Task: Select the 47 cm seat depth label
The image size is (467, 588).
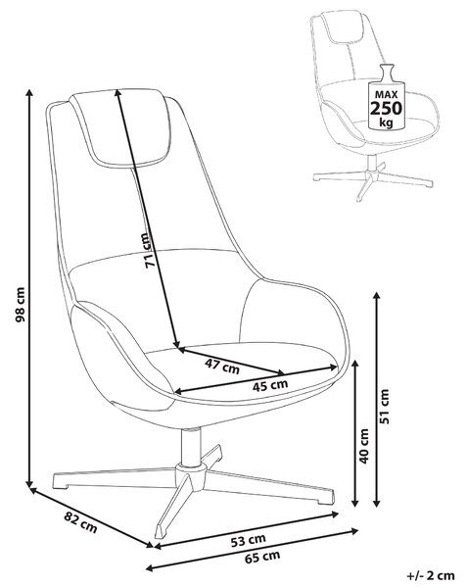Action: point(222,366)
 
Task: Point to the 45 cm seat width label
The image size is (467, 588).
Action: point(270,385)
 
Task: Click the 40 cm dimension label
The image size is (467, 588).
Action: point(363,446)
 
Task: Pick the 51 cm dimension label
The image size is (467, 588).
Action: point(384,407)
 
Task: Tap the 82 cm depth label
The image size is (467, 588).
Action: point(80,522)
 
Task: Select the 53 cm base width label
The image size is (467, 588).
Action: point(249,540)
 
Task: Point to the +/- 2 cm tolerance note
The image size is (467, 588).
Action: point(431,575)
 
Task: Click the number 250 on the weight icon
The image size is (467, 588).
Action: point(386,109)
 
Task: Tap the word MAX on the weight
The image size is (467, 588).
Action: point(386,95)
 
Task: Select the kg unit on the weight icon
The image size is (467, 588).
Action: point(386,122)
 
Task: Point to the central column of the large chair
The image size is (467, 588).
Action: point(190,447)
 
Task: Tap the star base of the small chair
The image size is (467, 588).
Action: point(373,182)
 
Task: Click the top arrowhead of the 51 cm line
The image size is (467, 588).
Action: point(377,296)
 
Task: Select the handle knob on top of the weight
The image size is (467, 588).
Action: point(386,71)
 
